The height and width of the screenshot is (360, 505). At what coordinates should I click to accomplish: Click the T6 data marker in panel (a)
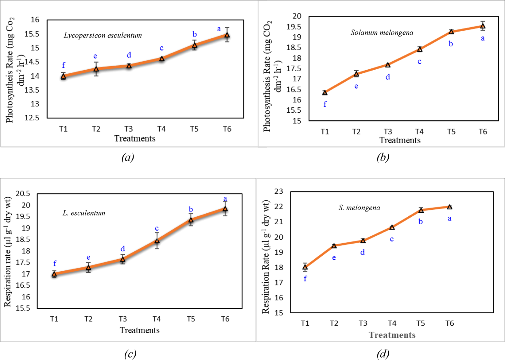227,35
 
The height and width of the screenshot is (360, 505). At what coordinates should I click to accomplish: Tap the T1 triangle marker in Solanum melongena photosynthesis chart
325,93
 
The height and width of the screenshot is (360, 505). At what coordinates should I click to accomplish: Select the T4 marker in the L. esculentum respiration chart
157,241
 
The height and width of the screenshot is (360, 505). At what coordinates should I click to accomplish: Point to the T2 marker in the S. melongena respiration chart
334,246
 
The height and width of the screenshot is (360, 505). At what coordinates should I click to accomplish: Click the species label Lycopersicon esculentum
103,35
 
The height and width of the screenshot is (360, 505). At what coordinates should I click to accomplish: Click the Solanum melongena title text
382,33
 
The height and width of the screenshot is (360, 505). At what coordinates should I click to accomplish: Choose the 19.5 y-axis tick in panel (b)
294,27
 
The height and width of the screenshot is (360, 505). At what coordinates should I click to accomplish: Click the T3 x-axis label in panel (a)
129,129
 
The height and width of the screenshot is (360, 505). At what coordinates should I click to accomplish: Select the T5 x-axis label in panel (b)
451,132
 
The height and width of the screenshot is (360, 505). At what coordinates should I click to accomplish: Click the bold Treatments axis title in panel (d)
392,335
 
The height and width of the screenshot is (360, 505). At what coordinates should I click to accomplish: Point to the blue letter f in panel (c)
55,263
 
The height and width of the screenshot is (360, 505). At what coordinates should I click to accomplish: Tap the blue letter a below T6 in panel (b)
483,38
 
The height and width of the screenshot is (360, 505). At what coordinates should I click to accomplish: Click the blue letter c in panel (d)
392,239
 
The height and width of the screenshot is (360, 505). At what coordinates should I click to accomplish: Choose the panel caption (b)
383,157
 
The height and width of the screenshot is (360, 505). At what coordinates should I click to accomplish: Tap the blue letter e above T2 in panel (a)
95,56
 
